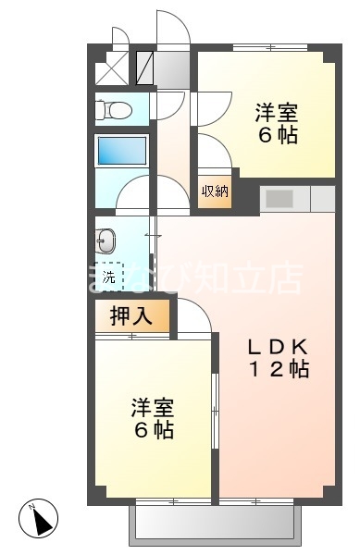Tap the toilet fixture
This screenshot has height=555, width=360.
[x=116, y=111]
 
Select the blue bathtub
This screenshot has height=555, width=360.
[x=122, y=151]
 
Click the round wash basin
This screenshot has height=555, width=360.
[x=106, y=242]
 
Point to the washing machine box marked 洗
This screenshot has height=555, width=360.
[x=109, y=275]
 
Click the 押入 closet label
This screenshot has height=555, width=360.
[x=131, y=316]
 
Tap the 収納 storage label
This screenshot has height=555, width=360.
[x=215, y=191]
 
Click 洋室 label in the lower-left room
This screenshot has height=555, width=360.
[x=153, y=408]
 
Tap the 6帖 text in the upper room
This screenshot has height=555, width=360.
[x=276, y=136]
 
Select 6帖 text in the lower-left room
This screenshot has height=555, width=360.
[x=153, y=430]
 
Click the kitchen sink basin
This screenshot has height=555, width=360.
[x=279, y=198]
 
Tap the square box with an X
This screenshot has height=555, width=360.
[x=115, y=68]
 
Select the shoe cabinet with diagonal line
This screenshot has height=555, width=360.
[x=145, y=68]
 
